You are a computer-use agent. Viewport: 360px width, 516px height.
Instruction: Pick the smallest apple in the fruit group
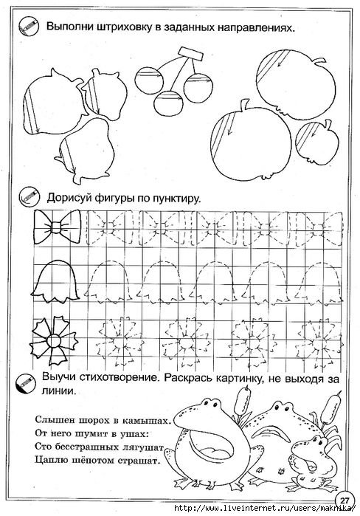[x=316, y=142]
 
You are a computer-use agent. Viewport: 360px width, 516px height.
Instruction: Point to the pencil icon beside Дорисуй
[x=30, y=198]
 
